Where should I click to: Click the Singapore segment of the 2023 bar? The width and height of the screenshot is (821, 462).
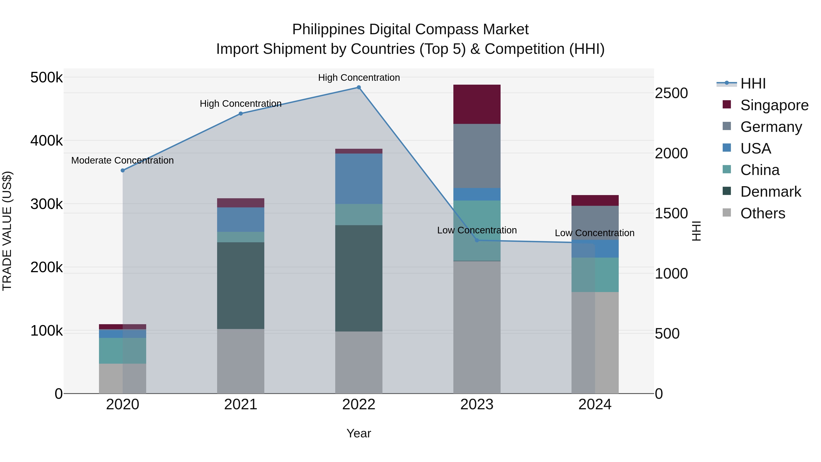[x=477, y=104]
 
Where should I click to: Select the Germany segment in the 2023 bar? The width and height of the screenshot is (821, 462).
[x=477, y=156]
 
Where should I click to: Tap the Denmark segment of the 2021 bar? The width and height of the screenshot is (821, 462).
[x=241, y=285]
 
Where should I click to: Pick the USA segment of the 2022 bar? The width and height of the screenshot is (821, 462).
[x=359, y=179]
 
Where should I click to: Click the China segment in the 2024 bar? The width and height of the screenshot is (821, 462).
[x=595, y=275]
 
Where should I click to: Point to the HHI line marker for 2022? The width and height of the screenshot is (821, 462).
[x=359, y=87]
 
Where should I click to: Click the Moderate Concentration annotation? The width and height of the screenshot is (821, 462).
[x=122, y=160]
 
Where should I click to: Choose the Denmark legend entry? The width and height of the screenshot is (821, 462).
[x=770, y=192]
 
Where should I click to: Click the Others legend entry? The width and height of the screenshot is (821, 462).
[x=763, y=213]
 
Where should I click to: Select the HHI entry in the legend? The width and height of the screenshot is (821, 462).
[x=753, y=84]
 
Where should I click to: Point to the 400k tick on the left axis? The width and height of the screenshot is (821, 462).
[x=47, y=141]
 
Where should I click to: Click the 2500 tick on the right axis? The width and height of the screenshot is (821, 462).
[x=671, y=93]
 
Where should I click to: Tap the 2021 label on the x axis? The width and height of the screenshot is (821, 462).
[x=241, y=405]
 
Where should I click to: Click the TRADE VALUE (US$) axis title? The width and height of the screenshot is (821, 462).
[x=7, y=231]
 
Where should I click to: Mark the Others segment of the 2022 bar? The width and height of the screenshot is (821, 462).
[x=359, y=362]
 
